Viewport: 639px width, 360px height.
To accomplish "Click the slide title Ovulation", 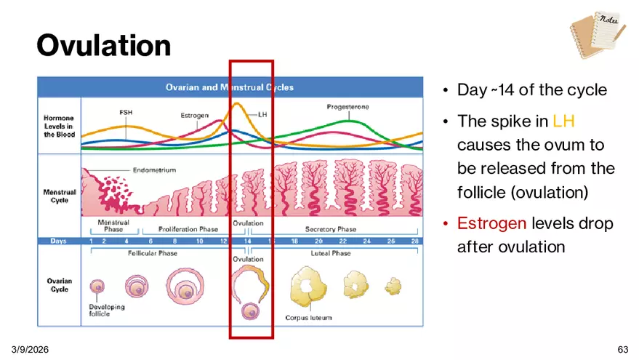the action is tap(103, 45).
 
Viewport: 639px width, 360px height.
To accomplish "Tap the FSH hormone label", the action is tap(126, 112).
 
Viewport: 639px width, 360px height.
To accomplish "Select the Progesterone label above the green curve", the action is tap(347, 107).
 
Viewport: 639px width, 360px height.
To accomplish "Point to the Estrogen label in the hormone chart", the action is tap(194, 116).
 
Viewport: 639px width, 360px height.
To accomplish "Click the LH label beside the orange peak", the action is tap(262, 115).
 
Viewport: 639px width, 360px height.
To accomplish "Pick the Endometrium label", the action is tap(154, 170).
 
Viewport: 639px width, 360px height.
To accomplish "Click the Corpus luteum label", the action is tap(308, 318).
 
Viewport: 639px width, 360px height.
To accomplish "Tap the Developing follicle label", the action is tap(107, 311).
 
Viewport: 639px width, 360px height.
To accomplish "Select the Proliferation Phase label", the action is tap(188, 229).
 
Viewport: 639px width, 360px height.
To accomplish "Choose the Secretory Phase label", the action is tap(331, 229).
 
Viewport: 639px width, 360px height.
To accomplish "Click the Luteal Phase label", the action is tap(331, 253).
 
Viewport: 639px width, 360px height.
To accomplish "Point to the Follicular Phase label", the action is tap(153, 253).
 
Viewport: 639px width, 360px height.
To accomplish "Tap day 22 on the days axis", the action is tap(342, 241).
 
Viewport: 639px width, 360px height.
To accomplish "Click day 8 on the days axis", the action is tap(174, 241).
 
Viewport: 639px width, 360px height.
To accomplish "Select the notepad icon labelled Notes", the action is tap(598, 35).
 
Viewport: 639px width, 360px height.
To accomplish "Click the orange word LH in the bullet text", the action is tap(563, 121).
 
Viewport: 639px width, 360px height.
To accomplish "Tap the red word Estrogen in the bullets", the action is tap(491, 223).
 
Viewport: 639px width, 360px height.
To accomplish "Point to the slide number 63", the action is tap(623, 349).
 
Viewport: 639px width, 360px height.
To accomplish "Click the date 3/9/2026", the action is tap(30, 349).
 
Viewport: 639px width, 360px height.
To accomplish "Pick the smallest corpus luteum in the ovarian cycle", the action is tap(393, 286).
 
